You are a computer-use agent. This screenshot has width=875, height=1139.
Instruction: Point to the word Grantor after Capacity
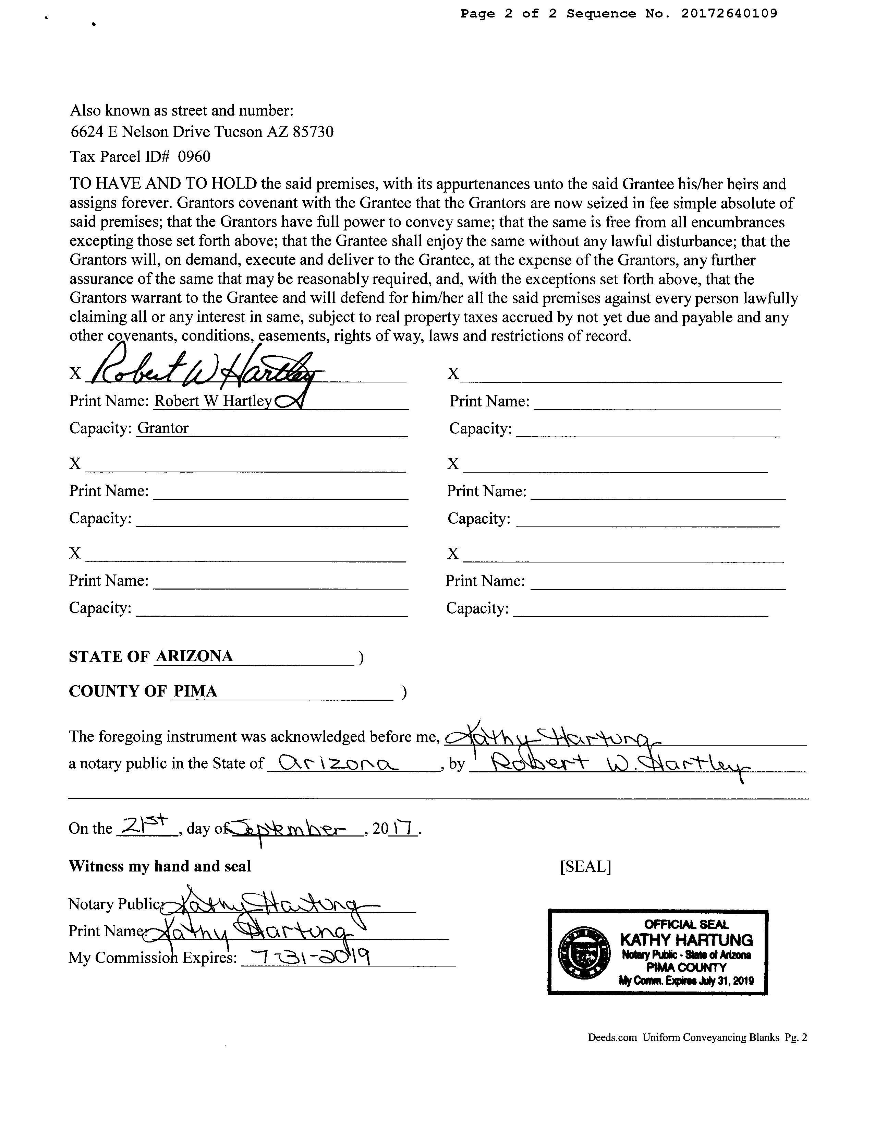pyautogui.click(x=162, y=428)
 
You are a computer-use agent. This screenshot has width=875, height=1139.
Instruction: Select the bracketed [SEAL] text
pyautogui.click(x=585, y=866)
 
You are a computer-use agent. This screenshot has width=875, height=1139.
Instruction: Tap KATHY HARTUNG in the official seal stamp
pyautogui.click(x=686, y=940)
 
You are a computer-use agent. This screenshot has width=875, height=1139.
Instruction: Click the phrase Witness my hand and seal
pyautogui.click(x=160, y=866)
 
